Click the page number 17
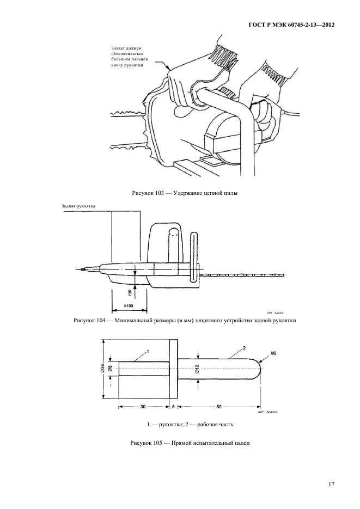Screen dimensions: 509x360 click(331, 483)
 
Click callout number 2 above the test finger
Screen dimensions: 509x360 click(245, 347)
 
